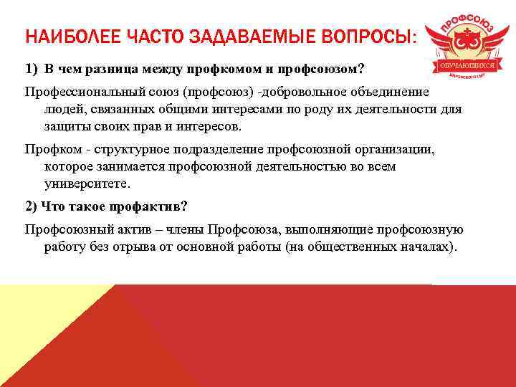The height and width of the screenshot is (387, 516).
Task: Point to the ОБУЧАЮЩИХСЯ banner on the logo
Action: click(x=466, y=65)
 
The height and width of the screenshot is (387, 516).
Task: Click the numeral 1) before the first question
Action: click(x=31, y=70)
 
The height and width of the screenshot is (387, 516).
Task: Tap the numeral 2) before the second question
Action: click(x=31, y=206)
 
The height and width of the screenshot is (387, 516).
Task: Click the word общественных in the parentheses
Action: click(x=353, y=247)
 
